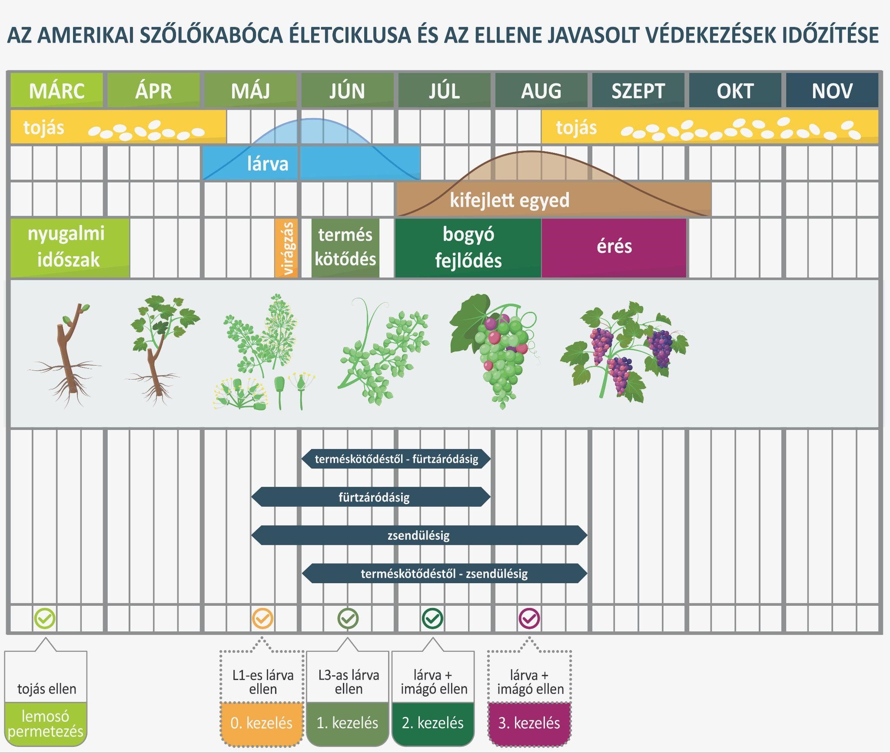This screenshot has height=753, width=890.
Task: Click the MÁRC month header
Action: click(56, 90)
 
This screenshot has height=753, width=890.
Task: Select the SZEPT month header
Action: click(638, 90)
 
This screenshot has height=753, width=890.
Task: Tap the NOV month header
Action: click(832, 90)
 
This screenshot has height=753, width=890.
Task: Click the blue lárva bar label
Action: click(267, 164)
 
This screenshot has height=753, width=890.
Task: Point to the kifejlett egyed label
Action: click(509, 200)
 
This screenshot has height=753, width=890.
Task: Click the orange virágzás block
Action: click(286, 248)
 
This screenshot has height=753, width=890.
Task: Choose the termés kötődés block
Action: click(345, 247)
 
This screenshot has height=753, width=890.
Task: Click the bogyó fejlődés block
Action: click(468, 247)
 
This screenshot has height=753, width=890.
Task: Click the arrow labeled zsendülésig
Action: click(419, 535)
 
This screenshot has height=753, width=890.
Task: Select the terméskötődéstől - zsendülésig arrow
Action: click(444, 574)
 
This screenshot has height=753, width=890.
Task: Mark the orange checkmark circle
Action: click(262, 618)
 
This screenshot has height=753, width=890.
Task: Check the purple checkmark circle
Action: click(529, 618)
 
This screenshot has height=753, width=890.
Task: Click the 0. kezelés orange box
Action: click(262, 723)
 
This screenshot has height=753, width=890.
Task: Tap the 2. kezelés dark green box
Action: click(433, 723)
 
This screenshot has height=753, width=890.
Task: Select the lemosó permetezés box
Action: click(46, 724)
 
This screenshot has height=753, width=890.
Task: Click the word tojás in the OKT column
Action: click(576, 128)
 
